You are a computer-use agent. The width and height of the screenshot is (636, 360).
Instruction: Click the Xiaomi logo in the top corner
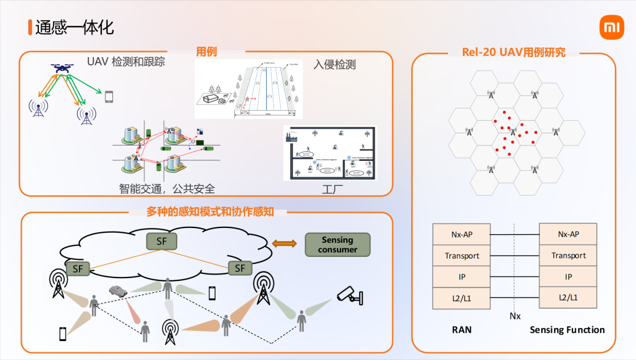pos(611,28)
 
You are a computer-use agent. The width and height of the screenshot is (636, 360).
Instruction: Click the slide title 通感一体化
pos(74,28)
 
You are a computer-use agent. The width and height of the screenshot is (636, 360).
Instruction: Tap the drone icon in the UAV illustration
pos(61,69)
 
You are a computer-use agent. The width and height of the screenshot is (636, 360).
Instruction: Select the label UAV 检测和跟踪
pos(126,62)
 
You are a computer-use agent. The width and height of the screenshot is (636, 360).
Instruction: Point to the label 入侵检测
pos(334,64)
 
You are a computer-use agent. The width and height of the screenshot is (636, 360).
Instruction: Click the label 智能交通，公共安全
pos(167,189)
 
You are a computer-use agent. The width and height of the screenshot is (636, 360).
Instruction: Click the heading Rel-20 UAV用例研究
pos(514,52)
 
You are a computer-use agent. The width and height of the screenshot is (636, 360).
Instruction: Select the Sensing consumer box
pos(337,245)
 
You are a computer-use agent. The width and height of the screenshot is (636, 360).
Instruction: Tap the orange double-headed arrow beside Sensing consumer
pos(284,244)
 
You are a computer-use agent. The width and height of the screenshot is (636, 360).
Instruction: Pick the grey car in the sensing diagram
pos(118,290)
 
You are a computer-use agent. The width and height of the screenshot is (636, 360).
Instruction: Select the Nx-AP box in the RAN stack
pos(462,234)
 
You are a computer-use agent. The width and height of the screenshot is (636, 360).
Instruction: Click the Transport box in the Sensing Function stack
pos(568,255)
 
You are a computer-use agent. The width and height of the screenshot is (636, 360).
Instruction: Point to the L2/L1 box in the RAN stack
pos(462,298)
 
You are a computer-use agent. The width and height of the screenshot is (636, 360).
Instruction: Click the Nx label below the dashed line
pos(515,316)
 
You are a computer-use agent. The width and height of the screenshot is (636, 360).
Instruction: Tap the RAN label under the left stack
pos(462,330)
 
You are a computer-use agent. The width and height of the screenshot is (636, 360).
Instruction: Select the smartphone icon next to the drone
pos(108,97)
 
